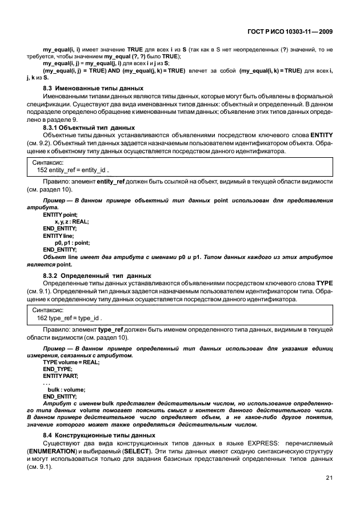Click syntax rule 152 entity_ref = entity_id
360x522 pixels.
click(72, 170)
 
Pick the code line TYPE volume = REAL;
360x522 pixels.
click(71, 362)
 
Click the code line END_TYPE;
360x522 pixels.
click(58, 369)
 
